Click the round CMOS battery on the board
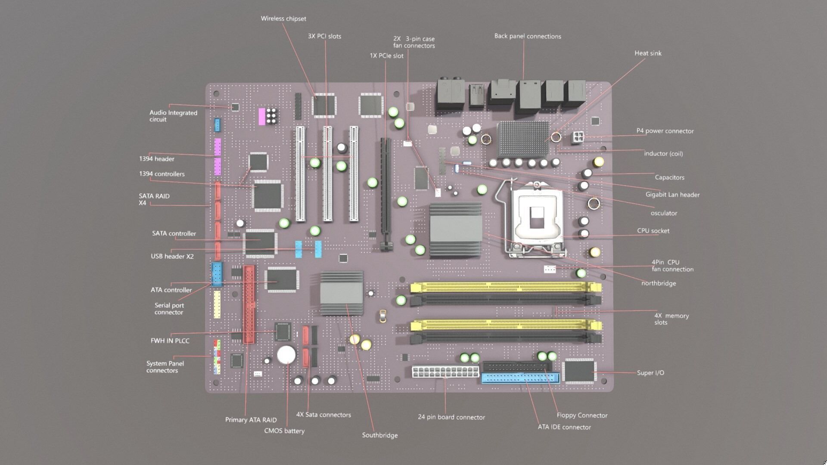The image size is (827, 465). coord(286,355)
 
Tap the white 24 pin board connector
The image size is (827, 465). coord(445,372)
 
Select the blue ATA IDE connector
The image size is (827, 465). coord(520,379)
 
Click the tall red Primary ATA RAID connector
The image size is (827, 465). coord(249,304)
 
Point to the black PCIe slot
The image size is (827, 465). coord(386,194)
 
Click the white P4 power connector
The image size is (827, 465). coord(578,138)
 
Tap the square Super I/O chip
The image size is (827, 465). coord(579,372)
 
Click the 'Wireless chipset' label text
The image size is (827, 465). coord(283,19)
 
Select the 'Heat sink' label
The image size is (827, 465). coord(647,53)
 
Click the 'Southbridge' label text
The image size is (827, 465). coord(379,435)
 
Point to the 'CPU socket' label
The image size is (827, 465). coord(653,231)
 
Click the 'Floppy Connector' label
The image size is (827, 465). coord(582,415)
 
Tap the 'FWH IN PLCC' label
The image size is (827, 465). coord(170,341)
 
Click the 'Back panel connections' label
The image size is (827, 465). coord(527,36)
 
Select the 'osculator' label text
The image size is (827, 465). coord(663,213)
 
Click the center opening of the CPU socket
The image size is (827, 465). coord(537,217)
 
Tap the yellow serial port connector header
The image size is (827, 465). coord(217,304)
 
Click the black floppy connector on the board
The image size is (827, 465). coord(516,366)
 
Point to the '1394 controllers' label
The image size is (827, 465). coord(162,174)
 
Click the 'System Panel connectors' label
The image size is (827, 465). coord(165,367)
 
